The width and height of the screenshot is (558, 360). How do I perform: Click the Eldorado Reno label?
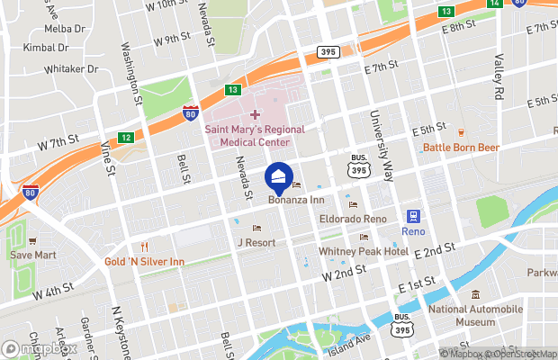[x=350, y=220]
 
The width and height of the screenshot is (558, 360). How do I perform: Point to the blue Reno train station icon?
[x=414, y=216]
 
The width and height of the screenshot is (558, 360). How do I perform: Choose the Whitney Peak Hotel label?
[x=364, y=252]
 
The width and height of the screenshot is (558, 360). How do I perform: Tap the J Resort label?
[x=256, y=243]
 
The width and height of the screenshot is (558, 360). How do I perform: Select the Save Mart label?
[x=32, y=255]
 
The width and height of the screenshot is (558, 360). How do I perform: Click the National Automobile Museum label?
[x=475, y=315]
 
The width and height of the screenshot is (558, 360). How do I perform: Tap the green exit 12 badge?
[x=126, y=138]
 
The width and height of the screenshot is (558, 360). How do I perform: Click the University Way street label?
[x=381, y=143]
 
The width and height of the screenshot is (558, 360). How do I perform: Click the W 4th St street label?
[x=52, y=292]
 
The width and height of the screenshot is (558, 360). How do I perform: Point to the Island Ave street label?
[x=349, y=341]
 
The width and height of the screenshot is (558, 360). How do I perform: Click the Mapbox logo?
[x=40, y=348]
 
